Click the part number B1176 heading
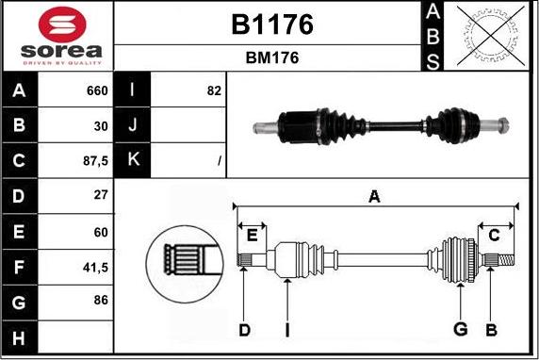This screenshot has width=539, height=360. (271, 25)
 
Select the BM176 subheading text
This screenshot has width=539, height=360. (271, 57)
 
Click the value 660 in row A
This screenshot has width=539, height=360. (97, 91)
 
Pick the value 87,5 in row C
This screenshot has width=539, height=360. (94, 161)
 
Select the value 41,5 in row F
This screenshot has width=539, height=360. (94, 268)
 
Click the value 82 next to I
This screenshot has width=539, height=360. (213, 91)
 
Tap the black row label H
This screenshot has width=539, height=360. (20, 337)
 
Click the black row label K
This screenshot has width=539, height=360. (132, 160)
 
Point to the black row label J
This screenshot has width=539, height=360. (132, 125)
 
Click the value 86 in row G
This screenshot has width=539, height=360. (99, 301)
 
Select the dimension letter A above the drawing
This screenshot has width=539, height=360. (374, 197)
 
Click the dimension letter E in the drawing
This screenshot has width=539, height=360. (252, 236)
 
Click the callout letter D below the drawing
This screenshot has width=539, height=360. (244, 329)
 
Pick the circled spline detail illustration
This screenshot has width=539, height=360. (184, 257)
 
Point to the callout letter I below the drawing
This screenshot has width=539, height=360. (287, 329)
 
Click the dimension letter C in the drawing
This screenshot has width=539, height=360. (494, 236)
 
